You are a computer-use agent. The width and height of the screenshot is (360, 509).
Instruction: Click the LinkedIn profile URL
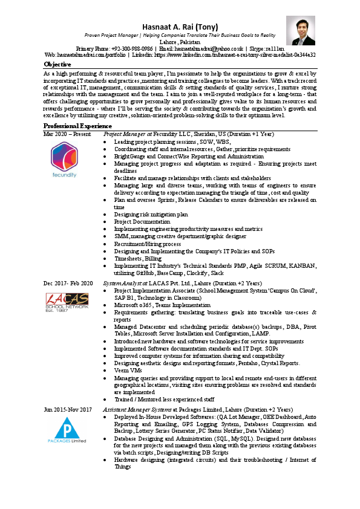(244, 54)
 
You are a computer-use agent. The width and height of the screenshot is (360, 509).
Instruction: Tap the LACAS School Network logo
(65, 300)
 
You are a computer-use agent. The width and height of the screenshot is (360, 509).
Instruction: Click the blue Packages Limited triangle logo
(65, 430)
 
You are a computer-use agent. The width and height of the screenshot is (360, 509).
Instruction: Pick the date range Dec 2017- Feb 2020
(68, 283)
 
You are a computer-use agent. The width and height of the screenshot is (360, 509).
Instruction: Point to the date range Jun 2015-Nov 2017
(68, 409)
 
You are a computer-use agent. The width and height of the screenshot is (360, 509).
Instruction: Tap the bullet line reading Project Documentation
(142, 221)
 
